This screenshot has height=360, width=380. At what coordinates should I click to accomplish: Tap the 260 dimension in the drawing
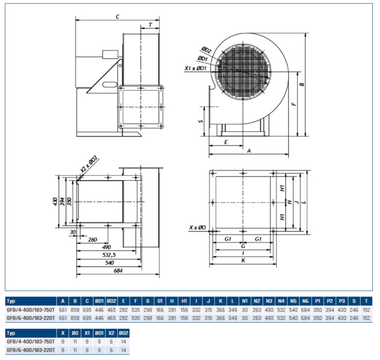(x=92, y=239)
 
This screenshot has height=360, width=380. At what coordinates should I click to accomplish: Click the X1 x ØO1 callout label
(x=195, y=69)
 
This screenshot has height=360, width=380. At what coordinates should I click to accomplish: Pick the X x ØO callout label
(x=198, y=228)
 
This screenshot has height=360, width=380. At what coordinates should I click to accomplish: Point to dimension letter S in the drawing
(x=201, y=121)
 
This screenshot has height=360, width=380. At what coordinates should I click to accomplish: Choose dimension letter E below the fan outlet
(x=225, y=142)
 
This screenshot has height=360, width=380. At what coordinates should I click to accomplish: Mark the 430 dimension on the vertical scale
(x=55, y=200)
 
